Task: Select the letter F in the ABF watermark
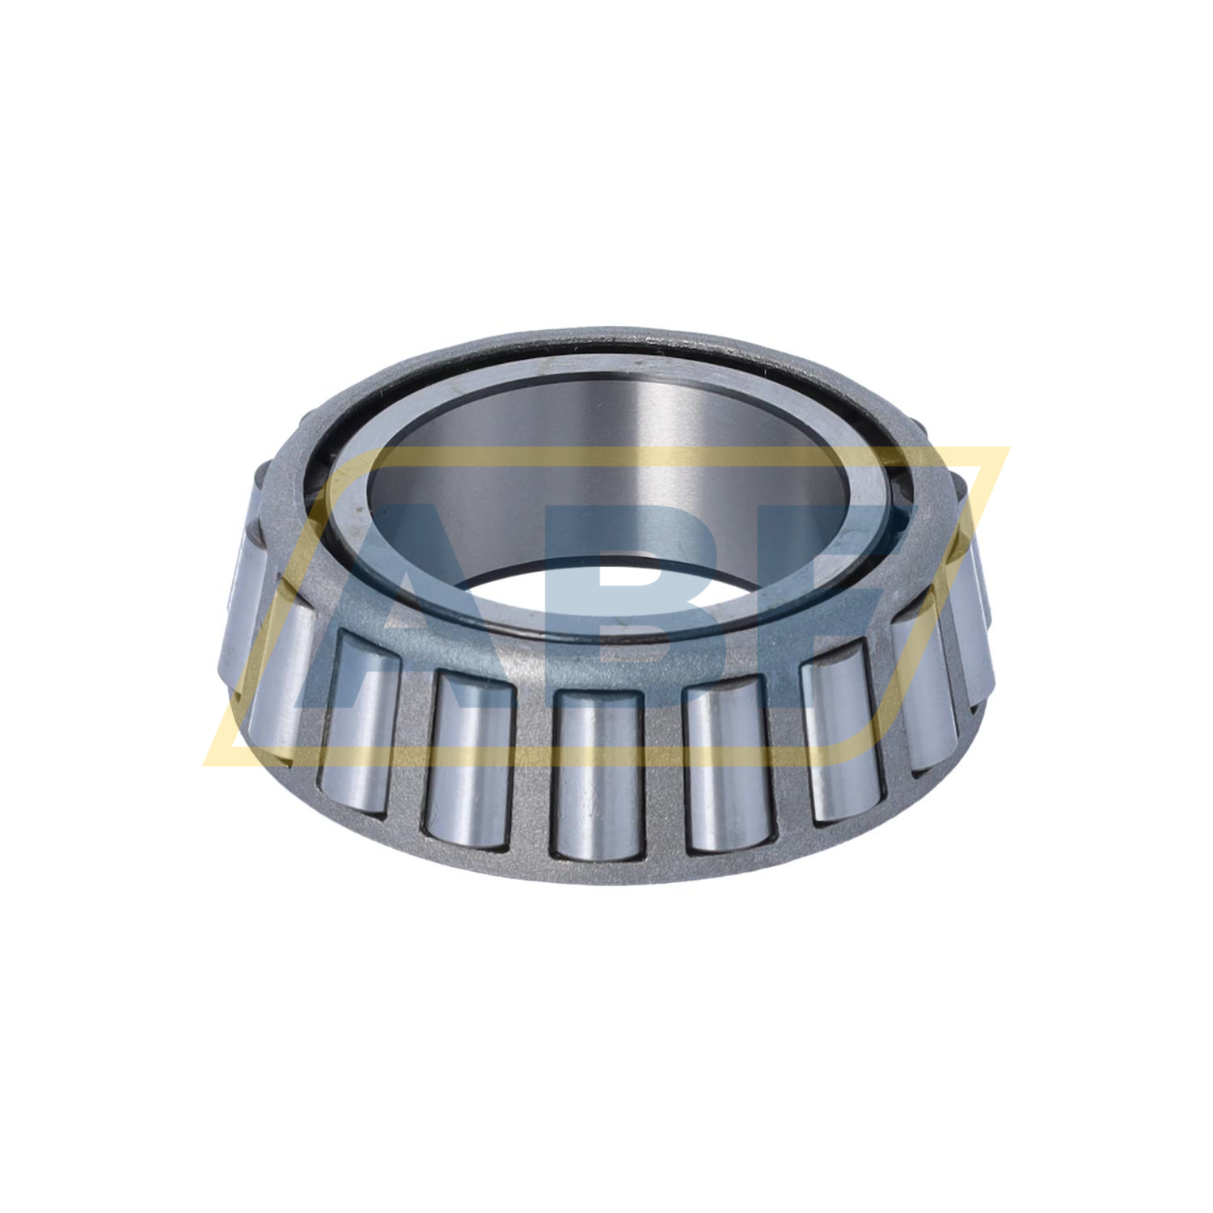click(x=841, y=598)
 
